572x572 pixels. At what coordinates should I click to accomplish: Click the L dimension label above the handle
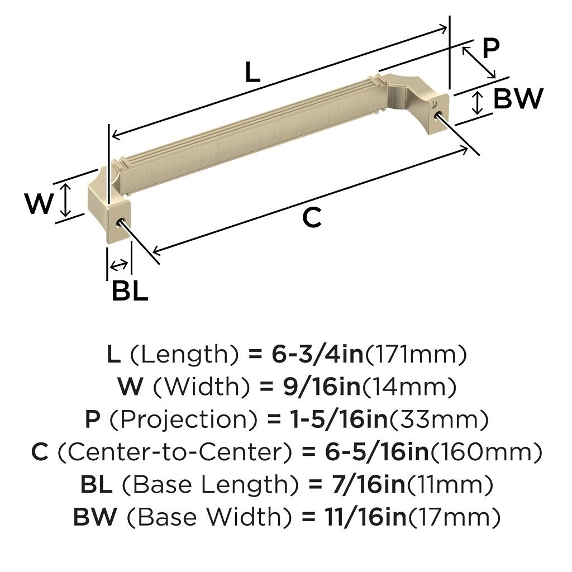pyautogui.click(x=253, y=73)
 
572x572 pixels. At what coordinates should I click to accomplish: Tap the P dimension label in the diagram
pyautogui.click(x=490, y=49)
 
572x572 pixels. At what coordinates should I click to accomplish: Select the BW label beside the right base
pyautogui.click(x=518, y=99)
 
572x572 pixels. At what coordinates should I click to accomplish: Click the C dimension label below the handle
pyautogui.click(x=312, y=217)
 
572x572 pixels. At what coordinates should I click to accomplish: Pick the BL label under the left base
pyautogui.click(x=130, y=290)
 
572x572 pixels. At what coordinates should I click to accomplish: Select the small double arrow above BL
pyautogui.click(x=119, y=264)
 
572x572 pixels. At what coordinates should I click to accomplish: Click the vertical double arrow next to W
pyautogui.click(x=66, y=200)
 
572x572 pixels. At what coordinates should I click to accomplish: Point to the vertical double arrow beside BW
pyautogui.click(x=477, y=103)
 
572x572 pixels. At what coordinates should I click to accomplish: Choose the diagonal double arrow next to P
pyautogui.click(x=479, y=62)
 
